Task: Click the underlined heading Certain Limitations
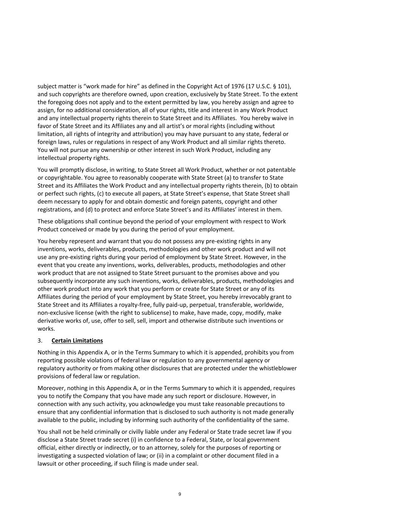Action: pos(77,341)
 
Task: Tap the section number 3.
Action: pos(40,341)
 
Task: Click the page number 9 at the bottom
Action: pos(180,494)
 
